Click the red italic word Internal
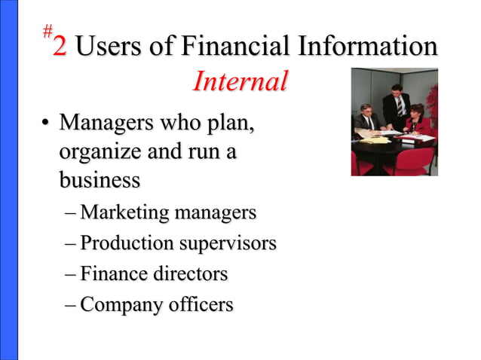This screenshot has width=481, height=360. [x=240, y=81]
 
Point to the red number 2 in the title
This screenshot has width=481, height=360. [x=60, y=47]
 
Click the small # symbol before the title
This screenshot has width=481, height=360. [x=47, y=31]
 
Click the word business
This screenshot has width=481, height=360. [x=100, y=181]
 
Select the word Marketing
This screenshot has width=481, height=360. [x=124, y=214]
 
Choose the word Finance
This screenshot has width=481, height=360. [x=113, y=274]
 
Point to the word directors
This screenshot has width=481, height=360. [x=190, y=274]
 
